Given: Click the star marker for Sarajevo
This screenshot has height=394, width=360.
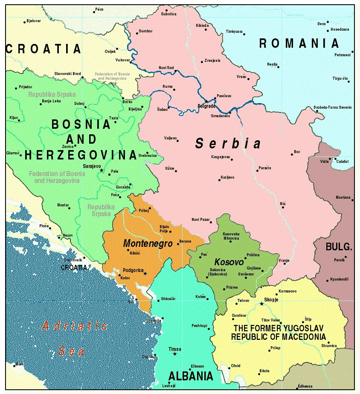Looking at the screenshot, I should pyautogui.click(x=102, y=170).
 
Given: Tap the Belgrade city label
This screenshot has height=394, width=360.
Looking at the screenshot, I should pyautogui.click(x=206, y=106).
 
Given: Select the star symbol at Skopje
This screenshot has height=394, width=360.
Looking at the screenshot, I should pyautogui.click(x=261, y=304).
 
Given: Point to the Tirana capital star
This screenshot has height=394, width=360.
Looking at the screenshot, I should pyautogui.click(x=174, y=354).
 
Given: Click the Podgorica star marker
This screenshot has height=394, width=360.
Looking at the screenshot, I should pyautogui.click(x=145, y=273).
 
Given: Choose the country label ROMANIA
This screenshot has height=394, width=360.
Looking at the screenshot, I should pyautogui.click(x=299, y=43).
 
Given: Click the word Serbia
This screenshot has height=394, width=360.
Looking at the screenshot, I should pyautogui.click(x=228, y=144).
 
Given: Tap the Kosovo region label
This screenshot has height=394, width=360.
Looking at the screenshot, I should pyautogui.click(x=229, y=261).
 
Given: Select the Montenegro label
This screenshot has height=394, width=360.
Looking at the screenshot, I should pyautogui.click(x=148, y=244).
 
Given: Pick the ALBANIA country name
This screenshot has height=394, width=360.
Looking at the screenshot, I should pyautogui.click(x=191, y=376).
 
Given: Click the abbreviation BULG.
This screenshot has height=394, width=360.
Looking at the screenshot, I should pyautogui.click(x=339, y=246).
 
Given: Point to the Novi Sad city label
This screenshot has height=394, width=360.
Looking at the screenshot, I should pyautogui.click(x=166, y=68).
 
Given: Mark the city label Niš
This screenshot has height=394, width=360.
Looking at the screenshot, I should pyautogui.click(x=283, y=203).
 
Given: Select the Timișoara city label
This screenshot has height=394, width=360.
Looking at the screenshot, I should pyautogui.click(x=234, y=32).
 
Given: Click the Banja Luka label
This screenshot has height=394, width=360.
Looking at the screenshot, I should pyautogui.click(x=52, y=101).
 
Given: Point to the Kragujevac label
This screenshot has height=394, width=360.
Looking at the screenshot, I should pyautogui.click(x=221, y=157).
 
